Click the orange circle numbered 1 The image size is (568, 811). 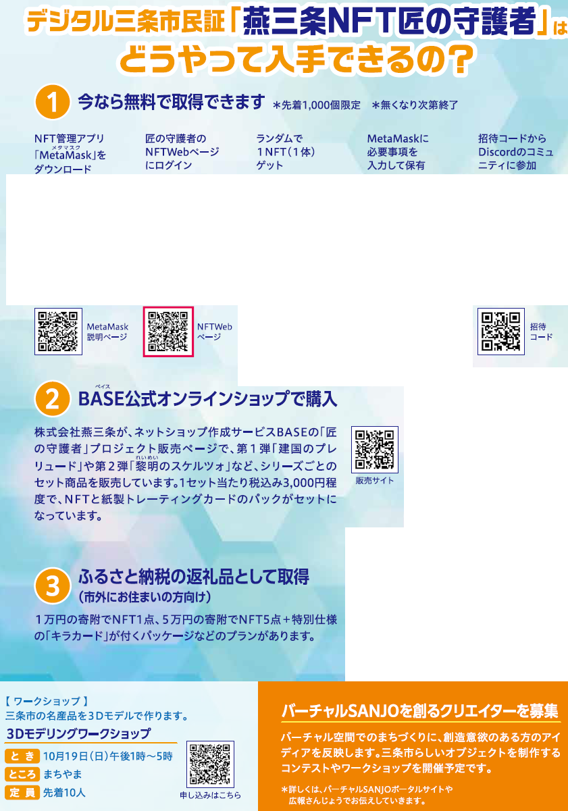53,102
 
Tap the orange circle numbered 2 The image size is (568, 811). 53,398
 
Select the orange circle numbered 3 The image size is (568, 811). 53,585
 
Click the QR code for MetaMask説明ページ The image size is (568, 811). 58,332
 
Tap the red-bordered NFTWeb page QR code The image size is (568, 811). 168,332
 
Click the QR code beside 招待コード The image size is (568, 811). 500,332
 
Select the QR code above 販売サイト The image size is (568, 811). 375,450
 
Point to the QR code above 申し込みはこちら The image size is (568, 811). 210,764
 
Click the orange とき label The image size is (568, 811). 22,756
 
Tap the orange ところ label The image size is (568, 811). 22,774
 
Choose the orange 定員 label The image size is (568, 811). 22,792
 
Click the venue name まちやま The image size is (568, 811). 63,774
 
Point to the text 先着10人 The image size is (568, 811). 64,793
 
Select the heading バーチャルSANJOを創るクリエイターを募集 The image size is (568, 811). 420,710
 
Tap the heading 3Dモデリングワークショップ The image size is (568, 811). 78,733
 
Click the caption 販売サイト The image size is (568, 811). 375,480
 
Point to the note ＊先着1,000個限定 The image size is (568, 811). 317,105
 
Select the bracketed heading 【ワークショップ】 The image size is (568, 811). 47,702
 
